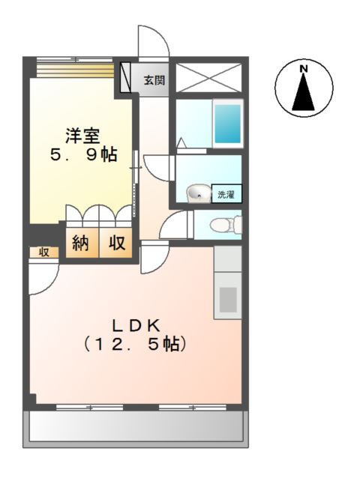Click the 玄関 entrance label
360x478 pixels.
pyautogui.click(x=155, y=80)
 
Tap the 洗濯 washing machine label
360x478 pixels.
pyautogui.click(x=226, y=195)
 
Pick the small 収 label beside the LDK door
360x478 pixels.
pyautogui.click(x=43, y=252)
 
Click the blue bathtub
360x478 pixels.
pyautogui.click(x=227, y=124)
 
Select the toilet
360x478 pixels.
pyautogui.click(x=224, y=224)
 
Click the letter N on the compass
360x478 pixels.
pyautogui.click(x=304, y=69)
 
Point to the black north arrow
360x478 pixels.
pyautogui.click(x=304, y=93)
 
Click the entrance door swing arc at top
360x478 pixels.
pyautogui.click(x=150, y=41)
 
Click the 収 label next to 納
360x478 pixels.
pyautogui.click(x=117, y=243)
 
